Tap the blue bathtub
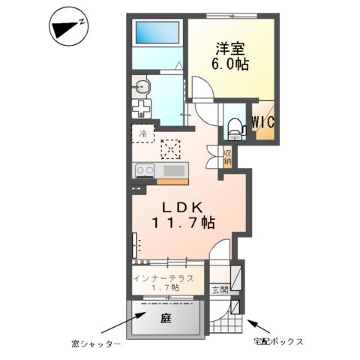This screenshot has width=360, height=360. click(x=157, y=34)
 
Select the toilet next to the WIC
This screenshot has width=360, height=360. click(x=235, y=128)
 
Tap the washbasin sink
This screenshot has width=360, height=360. click(x=143, y=87)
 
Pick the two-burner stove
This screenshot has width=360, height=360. click(x=144, y=172)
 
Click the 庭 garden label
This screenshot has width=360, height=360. click(x=166, y=316)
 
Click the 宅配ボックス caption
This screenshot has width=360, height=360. click(x=277, y=342)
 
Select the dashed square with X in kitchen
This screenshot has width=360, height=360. click(x=172, y=149)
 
